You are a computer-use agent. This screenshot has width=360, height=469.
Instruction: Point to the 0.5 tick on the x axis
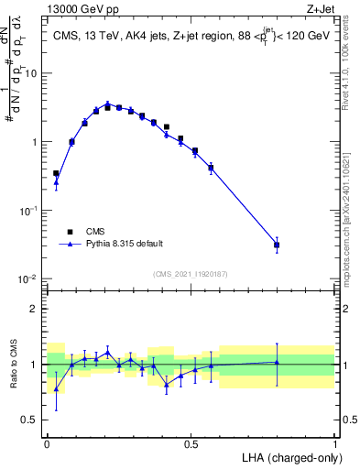click(x=191, y=442)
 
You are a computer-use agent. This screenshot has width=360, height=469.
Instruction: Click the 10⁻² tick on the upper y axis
click(x=30, y=278)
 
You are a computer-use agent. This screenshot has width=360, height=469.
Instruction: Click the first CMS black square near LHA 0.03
click(x=56, y=173)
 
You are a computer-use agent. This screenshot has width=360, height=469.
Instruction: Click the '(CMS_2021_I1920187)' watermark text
click(x=190, y=273)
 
